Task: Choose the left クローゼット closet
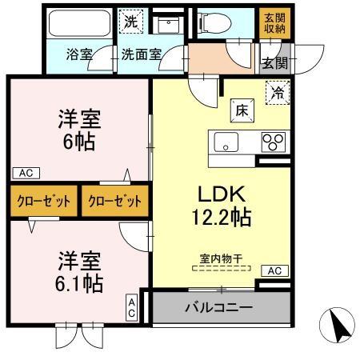click(44, 200)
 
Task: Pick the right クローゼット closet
click(114, 200)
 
